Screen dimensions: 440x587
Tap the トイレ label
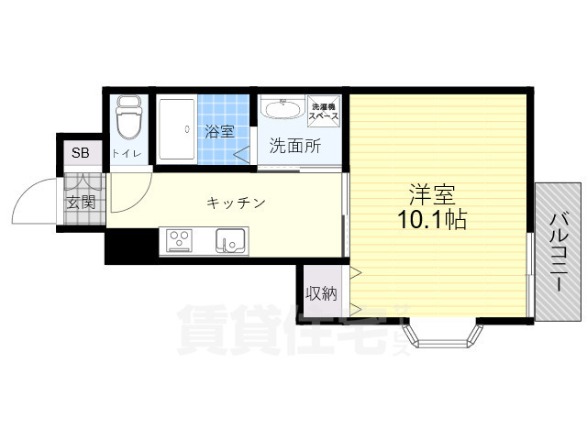pyautogui.click(x=127, y=153)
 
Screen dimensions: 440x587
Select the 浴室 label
pyautogui.click(x=218, y=132)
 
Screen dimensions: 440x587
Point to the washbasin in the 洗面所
pyautogui.click(x=281, y=111)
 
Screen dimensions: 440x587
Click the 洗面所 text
pyautogui.click(x=294, y=145)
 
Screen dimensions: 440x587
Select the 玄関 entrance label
pyautogui.click(x=81, y=202)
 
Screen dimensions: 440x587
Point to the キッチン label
pyautogui.click(x=236, y=202)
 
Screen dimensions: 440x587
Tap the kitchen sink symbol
pyautogui.click(x=229, y=241)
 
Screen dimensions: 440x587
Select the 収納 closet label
pyautogui.click(x=321, y=294)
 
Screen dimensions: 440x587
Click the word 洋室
pyautogui.click(x=431, y=194)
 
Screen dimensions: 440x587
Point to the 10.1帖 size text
pyautogui.click(x=431, y=221)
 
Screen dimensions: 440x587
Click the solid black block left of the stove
pyautogui.click(x=131, y=246)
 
